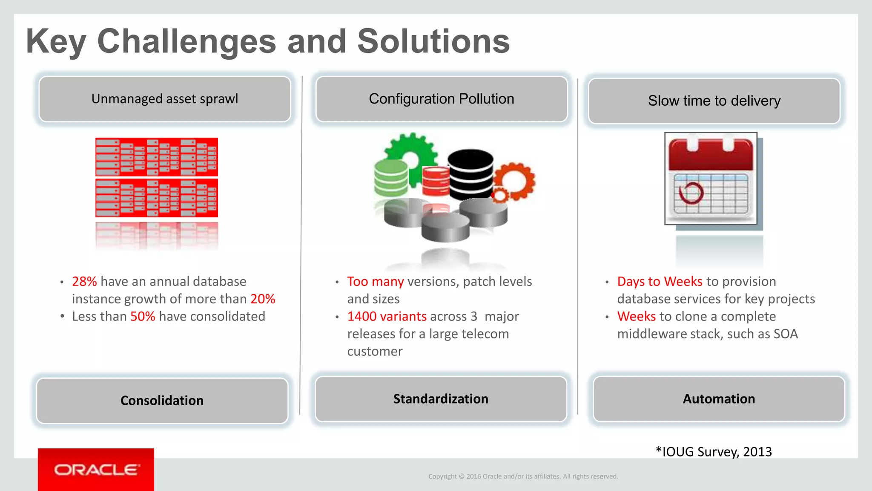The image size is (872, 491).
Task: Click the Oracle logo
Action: click(96, 470)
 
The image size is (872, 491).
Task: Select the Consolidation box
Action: click(162, 401)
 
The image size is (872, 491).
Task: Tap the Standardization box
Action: click(441, 399)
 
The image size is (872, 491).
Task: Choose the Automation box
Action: click(719, 399)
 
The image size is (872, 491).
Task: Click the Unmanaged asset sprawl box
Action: click(165, 99)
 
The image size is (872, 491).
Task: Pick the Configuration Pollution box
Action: click(442, 99)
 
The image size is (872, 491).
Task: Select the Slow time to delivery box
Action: click(714, 101)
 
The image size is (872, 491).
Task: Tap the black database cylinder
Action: click(470, 174)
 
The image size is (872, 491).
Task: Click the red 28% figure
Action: click(84, 282)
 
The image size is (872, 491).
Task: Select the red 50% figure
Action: click(143, 317)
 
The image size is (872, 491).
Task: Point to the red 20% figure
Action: click(263, 299)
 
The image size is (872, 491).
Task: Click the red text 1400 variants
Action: click(387, 317)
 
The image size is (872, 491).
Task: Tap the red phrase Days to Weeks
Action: click(660, 282)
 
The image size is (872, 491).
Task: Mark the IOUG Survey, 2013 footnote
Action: click(714, 452)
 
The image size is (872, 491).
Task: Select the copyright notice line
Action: click(523, 477)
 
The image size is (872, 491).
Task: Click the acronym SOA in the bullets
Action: click(786, 334)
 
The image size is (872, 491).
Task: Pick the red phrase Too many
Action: click(375, 282)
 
